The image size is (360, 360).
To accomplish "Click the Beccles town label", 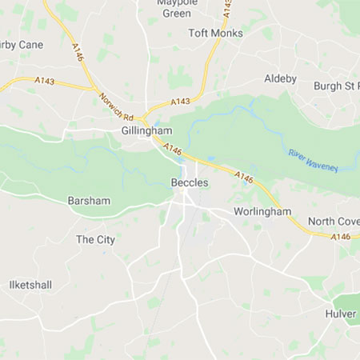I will [190, 183].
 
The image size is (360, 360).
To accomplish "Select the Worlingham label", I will [261, 212].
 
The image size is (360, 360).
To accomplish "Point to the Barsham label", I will [89, 200].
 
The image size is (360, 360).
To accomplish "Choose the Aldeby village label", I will [280, 78].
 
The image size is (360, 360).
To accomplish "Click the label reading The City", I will [95, 239].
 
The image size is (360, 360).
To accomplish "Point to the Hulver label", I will [340, 314].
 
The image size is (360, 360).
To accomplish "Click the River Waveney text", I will [313, 159].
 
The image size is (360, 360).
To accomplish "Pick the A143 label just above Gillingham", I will [181, 102].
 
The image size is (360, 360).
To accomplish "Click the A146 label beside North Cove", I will [341, 236].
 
